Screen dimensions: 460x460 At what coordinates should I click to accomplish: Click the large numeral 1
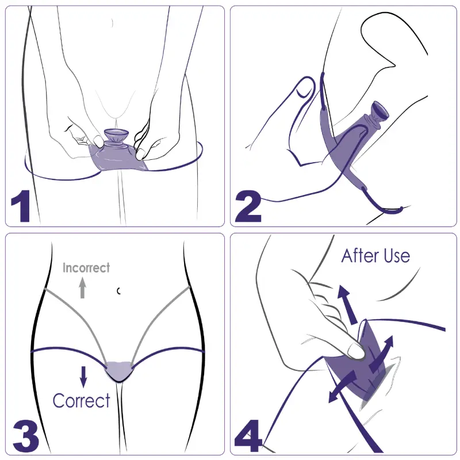21,206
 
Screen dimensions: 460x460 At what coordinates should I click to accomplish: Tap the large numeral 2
248,206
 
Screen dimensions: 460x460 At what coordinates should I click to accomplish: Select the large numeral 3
26,436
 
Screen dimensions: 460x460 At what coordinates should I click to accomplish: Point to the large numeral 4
248,436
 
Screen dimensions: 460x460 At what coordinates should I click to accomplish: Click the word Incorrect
86,268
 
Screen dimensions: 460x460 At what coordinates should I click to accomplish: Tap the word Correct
81,400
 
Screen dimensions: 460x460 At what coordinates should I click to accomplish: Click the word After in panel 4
361,255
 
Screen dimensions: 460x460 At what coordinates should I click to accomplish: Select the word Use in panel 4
397,256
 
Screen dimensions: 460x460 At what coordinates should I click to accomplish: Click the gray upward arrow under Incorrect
83,288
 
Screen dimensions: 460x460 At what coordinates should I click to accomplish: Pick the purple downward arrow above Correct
83,377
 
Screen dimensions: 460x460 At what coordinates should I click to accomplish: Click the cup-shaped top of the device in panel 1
116,135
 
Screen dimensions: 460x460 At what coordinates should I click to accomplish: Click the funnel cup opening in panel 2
381,110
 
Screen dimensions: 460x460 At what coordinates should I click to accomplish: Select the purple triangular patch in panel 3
118,371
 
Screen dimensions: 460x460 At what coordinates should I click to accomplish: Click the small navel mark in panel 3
118,291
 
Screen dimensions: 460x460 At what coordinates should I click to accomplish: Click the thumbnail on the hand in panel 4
355,351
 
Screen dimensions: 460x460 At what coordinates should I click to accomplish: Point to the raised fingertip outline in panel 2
305,87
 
